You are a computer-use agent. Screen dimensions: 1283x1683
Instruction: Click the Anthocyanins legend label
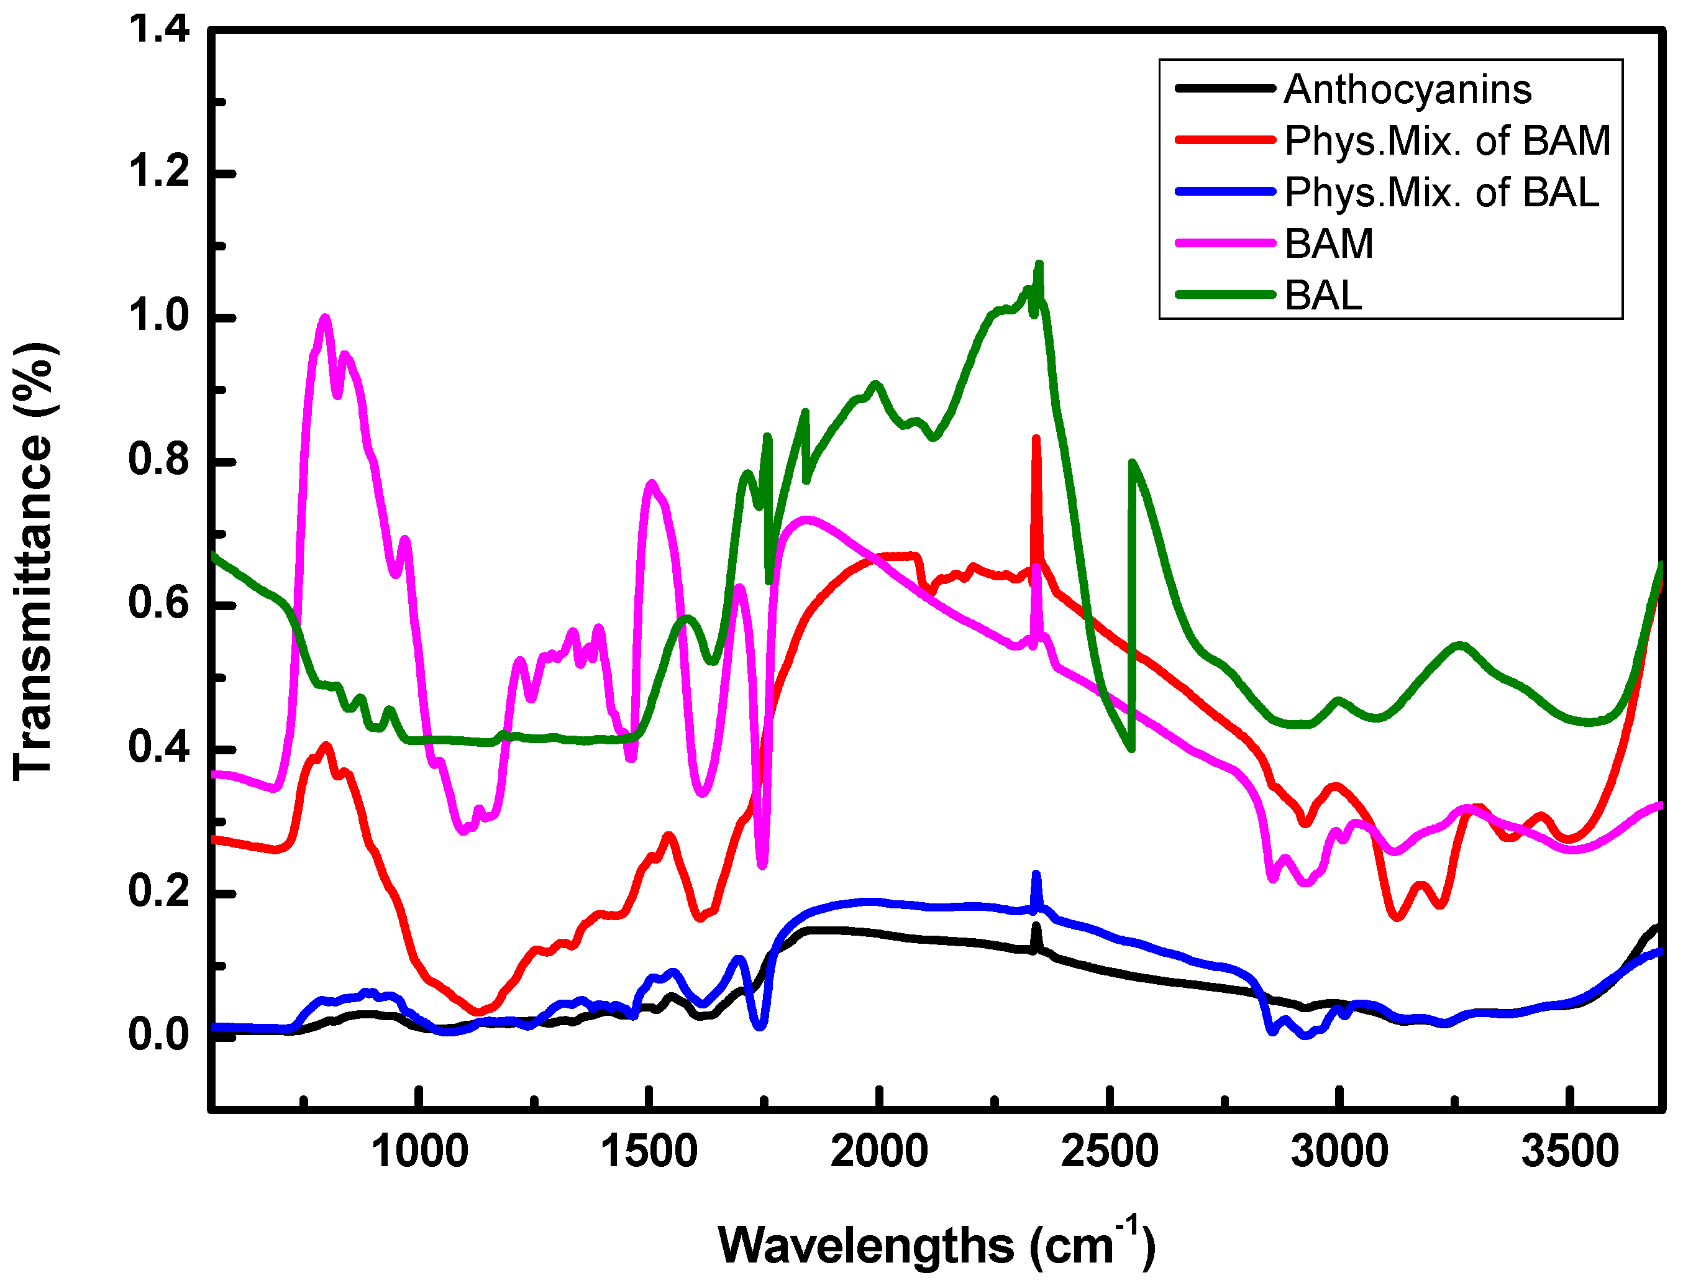[x=1407, y=89]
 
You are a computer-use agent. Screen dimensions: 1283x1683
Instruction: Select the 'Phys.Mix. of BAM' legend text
[x=1447, y=140]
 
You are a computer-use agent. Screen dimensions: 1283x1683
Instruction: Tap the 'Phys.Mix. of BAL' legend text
[x=1441, y=192]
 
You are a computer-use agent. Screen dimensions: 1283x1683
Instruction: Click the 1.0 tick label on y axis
[x=158, y=316]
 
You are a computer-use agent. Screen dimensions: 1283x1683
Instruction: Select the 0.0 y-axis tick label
[x=158, y=1035]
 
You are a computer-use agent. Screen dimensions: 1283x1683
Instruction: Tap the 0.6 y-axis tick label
[x=158, y=603]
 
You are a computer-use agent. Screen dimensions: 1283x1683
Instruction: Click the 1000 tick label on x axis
[x=419, y=1151]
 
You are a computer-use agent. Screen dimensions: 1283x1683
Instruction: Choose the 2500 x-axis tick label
[x=1109, y=1151]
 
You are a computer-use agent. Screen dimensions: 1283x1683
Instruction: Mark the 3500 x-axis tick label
[x=1569, y=1151]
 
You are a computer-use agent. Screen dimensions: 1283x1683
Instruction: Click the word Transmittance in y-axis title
[x=32, y=607]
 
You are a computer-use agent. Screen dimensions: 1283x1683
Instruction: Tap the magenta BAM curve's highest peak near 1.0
[x=326, y=317]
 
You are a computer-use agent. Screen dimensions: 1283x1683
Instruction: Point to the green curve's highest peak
[x=1039, y=264]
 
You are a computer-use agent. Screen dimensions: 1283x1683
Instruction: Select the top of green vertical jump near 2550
[x=1132, y=462]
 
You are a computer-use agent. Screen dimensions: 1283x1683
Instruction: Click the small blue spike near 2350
[x=1036, y=874]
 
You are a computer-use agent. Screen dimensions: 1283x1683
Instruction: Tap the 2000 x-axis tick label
[x=879, y=1151]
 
